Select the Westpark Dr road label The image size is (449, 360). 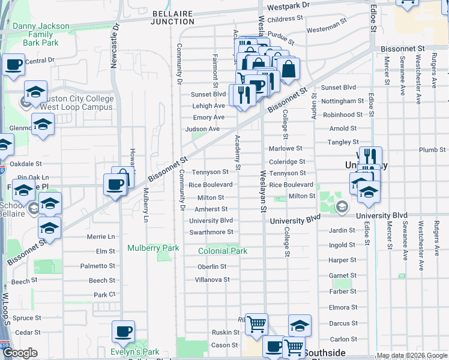click(x=288, y=5)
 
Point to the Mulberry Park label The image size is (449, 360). click(x=153, y=248)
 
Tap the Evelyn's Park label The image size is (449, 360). click(x=135, y=352)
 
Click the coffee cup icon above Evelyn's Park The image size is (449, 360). click(x=123, y=331)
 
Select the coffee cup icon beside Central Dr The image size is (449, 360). click(x=14, y=64)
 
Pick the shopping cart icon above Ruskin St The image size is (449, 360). click(x=256, y=325)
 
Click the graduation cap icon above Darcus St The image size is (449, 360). click(x=300, y=325)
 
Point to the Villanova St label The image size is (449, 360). click(x=212, y=280)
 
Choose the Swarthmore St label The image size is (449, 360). click(x=211, y=232)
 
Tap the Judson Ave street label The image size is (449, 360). click(x=203, y=129)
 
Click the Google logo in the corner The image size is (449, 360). click(x=20, y=353)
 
